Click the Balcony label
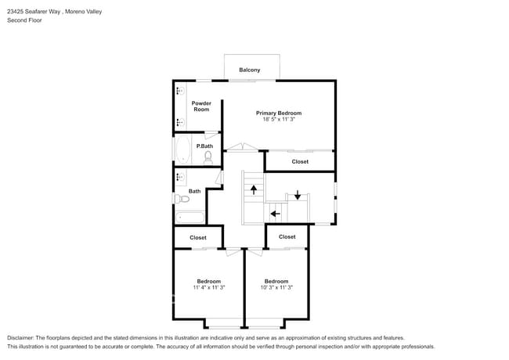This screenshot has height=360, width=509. (x=250, y=70)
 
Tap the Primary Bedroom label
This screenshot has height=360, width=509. (x=279, y=113)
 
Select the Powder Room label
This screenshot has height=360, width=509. (x=201, y=106)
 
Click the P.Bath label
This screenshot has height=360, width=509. (x=204, y=146)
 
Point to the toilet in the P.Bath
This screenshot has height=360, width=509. (x=208, y=157)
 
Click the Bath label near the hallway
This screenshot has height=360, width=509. (x=194, y=191)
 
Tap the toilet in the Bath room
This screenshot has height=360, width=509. (x=184, y=199)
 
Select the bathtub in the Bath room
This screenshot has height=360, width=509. (x=190, y=218)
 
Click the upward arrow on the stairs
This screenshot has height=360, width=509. (x=253, y=189)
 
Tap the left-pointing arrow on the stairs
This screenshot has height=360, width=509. (x=274, y=212)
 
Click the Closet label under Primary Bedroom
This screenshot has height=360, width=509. (x=300, y=162)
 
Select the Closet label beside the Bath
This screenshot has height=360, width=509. (x=198, y=237)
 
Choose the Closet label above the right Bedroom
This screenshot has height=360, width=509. (x=287, y=236)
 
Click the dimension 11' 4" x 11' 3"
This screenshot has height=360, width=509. (x=208, y=288)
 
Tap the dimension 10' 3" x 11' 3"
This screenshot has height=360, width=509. (x=276, y=288)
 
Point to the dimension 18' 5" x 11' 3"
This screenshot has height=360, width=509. (x=279, y=120)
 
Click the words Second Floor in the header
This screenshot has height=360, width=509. (x=24, y=20)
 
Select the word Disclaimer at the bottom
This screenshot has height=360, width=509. (x=22, y=337)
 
